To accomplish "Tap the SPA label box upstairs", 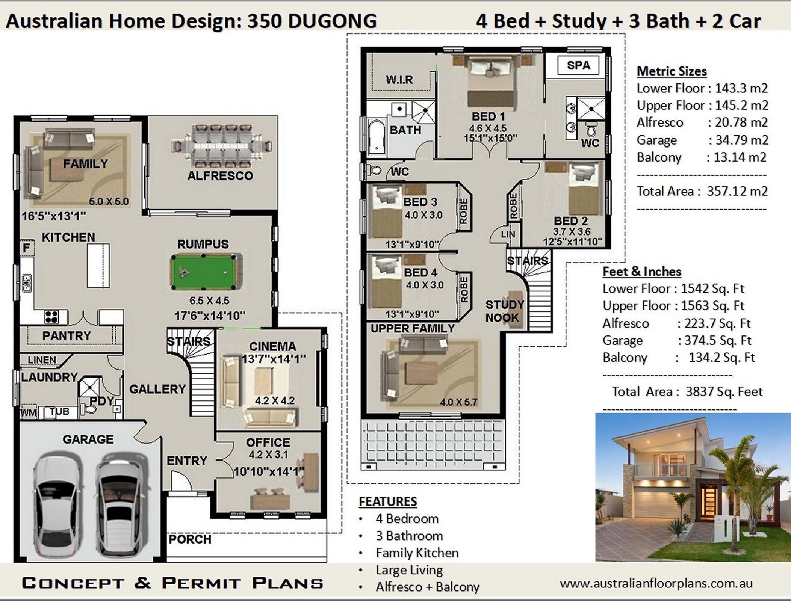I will click(578, 65).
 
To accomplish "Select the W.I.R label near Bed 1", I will click(399, 80).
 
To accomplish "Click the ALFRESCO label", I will click(220, 175).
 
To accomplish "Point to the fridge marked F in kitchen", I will click(27, 248).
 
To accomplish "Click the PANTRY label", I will click(67, 335).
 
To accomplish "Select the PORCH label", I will click(190, 539).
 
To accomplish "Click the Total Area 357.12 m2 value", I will click(737, 191).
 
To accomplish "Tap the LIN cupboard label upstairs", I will click(508, 234).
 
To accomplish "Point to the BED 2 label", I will click(570, 221).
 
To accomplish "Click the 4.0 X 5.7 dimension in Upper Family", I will click(458, 402).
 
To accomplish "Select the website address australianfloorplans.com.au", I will click(656, 583).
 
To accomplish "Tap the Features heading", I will click(388, 501).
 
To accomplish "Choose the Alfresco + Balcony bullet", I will click(427, 587).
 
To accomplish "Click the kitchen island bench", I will click(98, 265).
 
